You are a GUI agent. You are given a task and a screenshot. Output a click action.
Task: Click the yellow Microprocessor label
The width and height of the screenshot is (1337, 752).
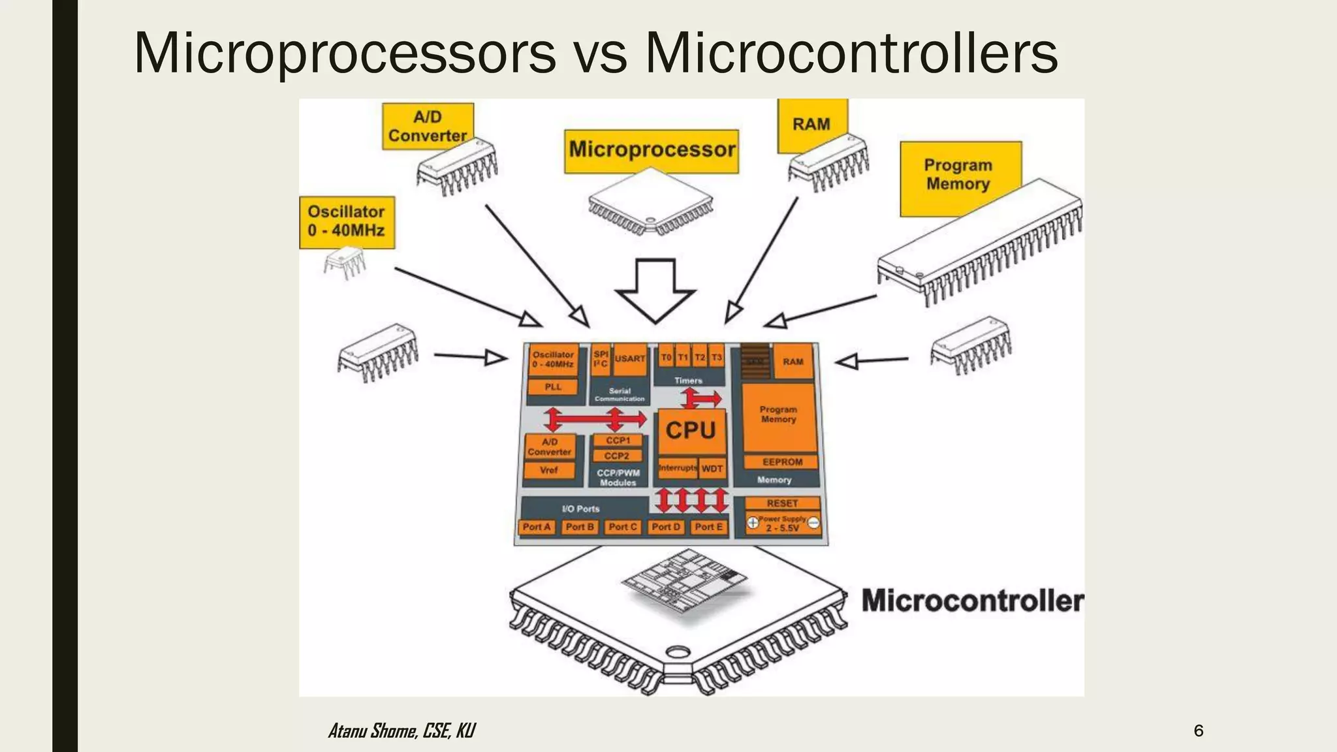[651, 151]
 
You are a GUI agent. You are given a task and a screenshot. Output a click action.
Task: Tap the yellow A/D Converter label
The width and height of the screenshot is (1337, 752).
[427, 126]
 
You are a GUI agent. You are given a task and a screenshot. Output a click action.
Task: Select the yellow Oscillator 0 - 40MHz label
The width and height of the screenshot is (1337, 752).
[347, 222]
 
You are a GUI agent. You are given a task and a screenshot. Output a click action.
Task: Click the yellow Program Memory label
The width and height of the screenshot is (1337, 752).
[958, 175]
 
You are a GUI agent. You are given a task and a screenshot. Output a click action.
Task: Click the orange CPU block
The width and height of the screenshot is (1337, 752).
[691, 431]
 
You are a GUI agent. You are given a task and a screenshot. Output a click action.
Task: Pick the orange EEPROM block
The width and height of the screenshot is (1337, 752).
[781, 462]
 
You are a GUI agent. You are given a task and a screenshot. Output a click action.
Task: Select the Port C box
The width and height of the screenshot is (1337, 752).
[622, 527]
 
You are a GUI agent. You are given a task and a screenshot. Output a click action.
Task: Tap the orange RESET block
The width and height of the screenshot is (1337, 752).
[782, 503]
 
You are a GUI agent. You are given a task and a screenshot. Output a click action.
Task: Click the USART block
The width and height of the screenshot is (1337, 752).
[630, 359]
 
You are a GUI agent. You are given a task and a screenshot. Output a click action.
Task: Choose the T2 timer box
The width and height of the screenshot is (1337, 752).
[699, 358]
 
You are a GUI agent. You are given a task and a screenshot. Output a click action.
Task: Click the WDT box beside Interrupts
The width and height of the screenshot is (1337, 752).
[712, 469]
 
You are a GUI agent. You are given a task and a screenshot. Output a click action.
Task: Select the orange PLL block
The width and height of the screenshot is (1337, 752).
[553, 387]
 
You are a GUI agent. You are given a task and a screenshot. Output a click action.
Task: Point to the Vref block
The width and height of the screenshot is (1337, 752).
[549, 470]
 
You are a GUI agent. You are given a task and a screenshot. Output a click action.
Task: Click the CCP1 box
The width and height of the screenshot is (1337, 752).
[617, 441]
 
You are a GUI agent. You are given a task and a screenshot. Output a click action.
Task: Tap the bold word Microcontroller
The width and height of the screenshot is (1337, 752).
[971, 601]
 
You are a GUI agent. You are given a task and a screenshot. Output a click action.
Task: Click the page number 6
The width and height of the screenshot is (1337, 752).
[1198, 730]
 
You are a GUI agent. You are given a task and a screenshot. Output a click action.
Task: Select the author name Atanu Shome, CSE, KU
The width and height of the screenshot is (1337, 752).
[401, 730]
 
